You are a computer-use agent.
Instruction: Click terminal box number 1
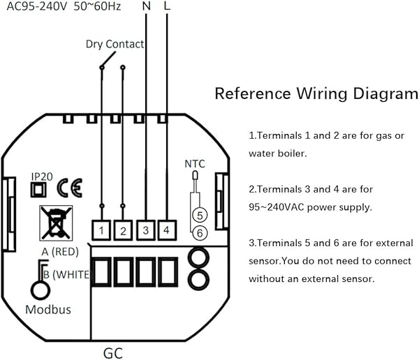point(102,230)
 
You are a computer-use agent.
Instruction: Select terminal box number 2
point(124,230)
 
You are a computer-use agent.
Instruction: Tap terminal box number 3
point(145,230)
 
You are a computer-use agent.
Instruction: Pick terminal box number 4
point(167,230)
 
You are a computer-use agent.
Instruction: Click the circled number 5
point(199,216)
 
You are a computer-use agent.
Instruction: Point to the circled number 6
point(199,232)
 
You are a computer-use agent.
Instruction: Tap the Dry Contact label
point(115,44)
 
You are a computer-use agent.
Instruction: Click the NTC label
point(195,164)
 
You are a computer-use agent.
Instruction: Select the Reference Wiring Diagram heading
point(311,93)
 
